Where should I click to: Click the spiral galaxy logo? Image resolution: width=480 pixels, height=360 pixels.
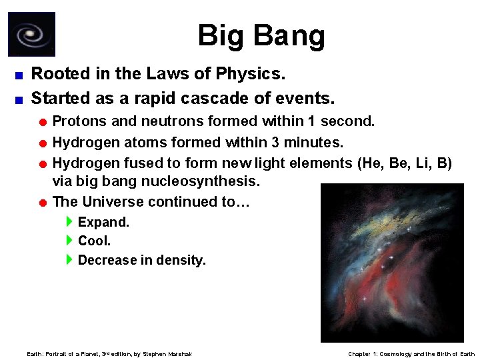[x=31, y=34]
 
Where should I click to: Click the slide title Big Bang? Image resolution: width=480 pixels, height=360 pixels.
[x=261, y=35]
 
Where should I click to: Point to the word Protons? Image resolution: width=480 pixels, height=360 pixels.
[x=77, y=121]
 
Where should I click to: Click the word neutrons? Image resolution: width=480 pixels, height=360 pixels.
[x=172, y=121]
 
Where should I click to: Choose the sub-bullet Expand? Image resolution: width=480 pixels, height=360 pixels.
[x=103, y=222]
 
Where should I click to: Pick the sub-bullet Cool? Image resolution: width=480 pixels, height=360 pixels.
[x=94, y=241]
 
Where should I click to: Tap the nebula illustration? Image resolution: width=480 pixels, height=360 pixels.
[x=392, y=263]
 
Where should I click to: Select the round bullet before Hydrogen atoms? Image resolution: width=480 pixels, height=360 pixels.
[x=43, y=143]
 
